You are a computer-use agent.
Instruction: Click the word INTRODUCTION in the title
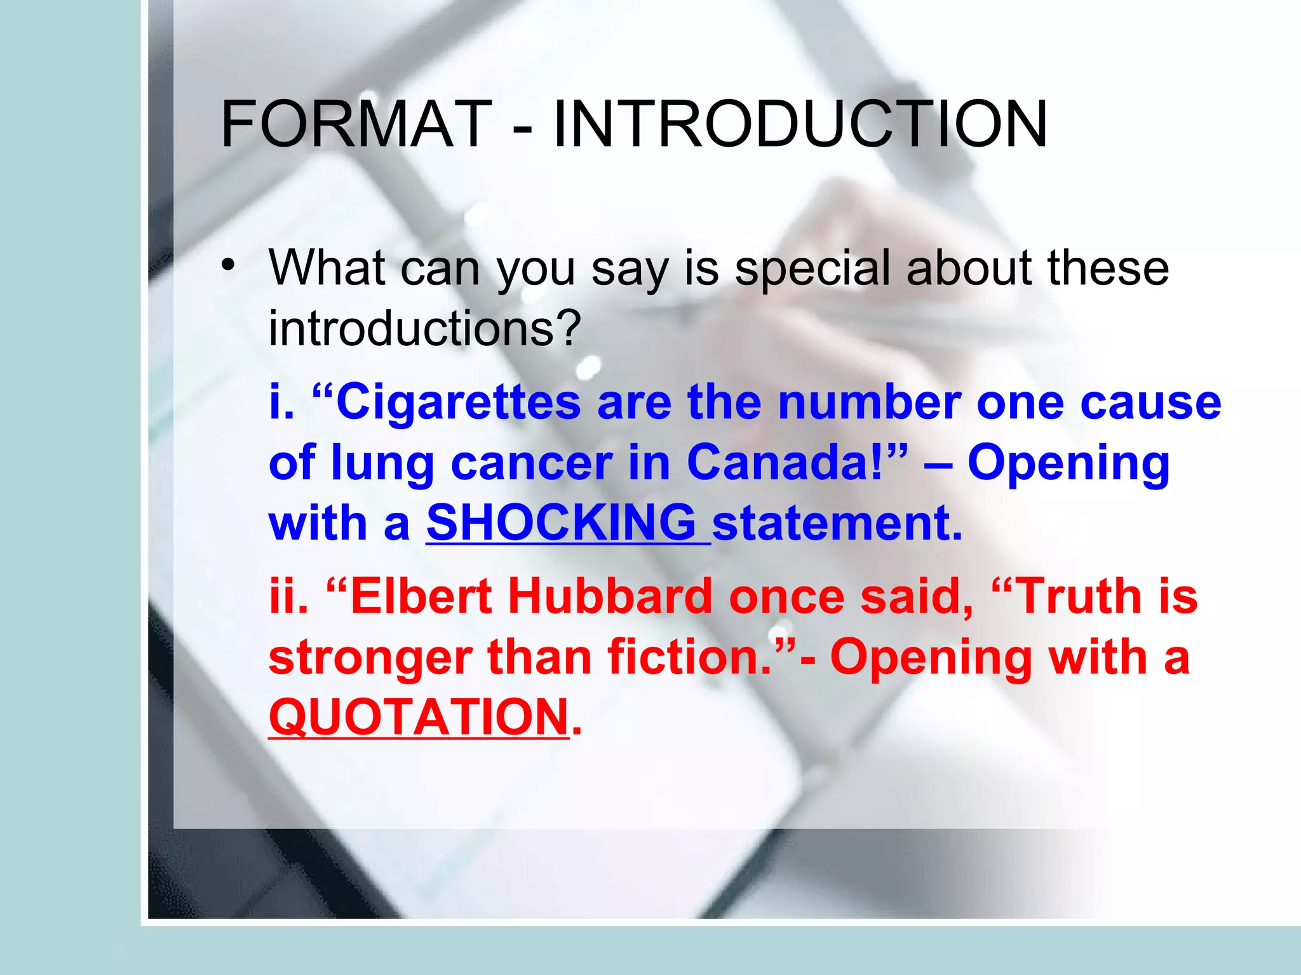[x=800, y=124]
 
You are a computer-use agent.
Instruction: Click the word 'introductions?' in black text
[x=425, y=329]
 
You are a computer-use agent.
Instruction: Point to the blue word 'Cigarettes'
[x=458, y=404]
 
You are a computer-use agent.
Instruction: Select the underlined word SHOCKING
[x=562, y=523]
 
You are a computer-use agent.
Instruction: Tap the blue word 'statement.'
[x=837, y=523]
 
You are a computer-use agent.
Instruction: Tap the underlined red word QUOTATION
[x=419, y=717]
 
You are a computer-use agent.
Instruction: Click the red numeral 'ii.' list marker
[x=288, y=597]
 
